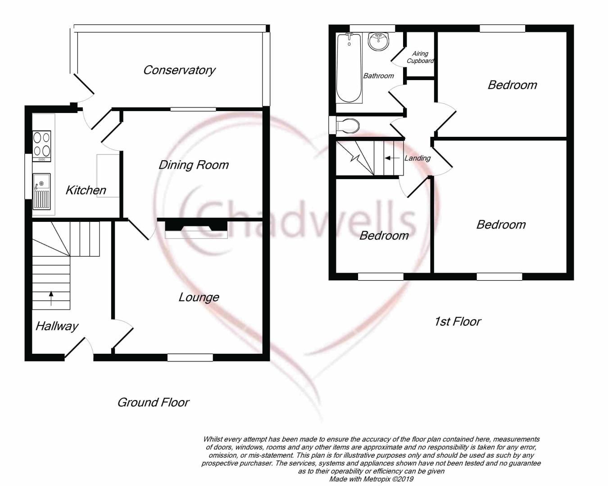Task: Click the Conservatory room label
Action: (179, 70)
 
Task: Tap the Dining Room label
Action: (194, 165)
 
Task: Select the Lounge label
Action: (199, 297)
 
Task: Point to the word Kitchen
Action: (86, 190)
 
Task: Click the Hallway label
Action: (57, 326)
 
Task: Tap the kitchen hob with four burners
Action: (41, 146)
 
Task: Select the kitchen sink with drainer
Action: (41, 192)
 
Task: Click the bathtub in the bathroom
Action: (349, 68)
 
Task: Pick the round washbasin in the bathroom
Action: (379, 41)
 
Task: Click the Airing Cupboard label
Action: (420, 57)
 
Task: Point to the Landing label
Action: (417, 158)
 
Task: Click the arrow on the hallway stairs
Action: (51, 298)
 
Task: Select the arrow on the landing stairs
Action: (392, 158)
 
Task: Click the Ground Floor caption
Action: (153, 402)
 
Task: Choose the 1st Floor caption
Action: (458, 321)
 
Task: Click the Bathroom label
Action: (379, 76)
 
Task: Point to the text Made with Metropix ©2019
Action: (371, 479)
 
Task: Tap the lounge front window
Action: (190, 357)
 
